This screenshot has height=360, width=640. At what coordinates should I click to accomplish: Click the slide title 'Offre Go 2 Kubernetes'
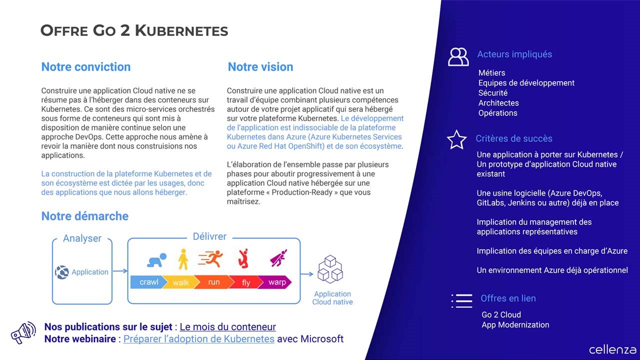coord(134,30)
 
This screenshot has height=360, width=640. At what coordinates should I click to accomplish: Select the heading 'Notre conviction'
coord(85,67)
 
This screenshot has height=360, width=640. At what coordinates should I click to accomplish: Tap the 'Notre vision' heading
coord(260,67)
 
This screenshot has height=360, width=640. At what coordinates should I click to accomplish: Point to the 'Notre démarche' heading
coord(84,216)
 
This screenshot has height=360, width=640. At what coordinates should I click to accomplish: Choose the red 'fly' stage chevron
coord(245,282)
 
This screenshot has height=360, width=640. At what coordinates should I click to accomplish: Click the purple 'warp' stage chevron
coord(276,282)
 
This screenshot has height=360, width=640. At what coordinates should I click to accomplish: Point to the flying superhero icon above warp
coord(278,258)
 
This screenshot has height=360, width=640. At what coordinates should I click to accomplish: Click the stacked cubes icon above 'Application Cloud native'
coord(330,268)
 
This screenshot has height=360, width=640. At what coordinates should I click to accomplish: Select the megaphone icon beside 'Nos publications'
coord(23,332)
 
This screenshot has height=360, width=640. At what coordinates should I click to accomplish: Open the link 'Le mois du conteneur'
coord(227,327)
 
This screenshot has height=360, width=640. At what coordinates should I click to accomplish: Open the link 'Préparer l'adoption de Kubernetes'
coord(198,339)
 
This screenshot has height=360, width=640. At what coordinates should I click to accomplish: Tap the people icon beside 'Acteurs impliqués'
coord(458,57)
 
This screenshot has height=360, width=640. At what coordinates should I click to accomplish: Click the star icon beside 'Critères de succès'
coord(456,140)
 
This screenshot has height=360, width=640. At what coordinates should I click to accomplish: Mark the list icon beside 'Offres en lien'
coord(461,300)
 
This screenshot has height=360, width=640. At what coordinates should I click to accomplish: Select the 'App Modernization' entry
coord(515,325)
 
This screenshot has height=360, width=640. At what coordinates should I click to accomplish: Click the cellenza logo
coord(612,349)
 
